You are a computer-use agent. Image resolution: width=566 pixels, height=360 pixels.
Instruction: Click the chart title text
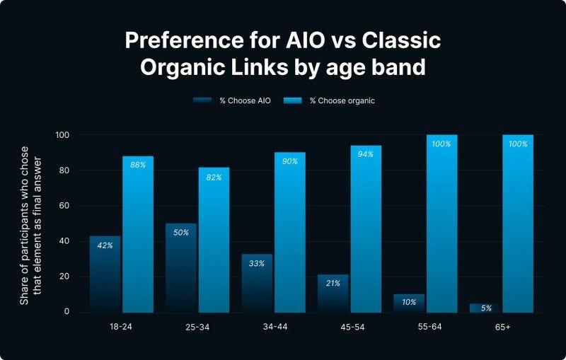pyautogui.click(x=283, y=54)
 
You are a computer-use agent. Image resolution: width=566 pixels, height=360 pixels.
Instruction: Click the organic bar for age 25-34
pyautogui.click(x=214, y=240)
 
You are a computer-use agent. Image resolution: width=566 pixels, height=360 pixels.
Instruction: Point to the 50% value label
pyautogui.click(x=180, y=233)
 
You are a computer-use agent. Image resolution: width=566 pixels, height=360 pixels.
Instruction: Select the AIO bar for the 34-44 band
pyautogui.click(x=257, y=283)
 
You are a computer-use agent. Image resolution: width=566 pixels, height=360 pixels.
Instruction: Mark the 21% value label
pyautogui.click(x=333, y=283)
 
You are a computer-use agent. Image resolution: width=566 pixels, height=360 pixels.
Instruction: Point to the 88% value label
pyautogui.click(x=138, y=165)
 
